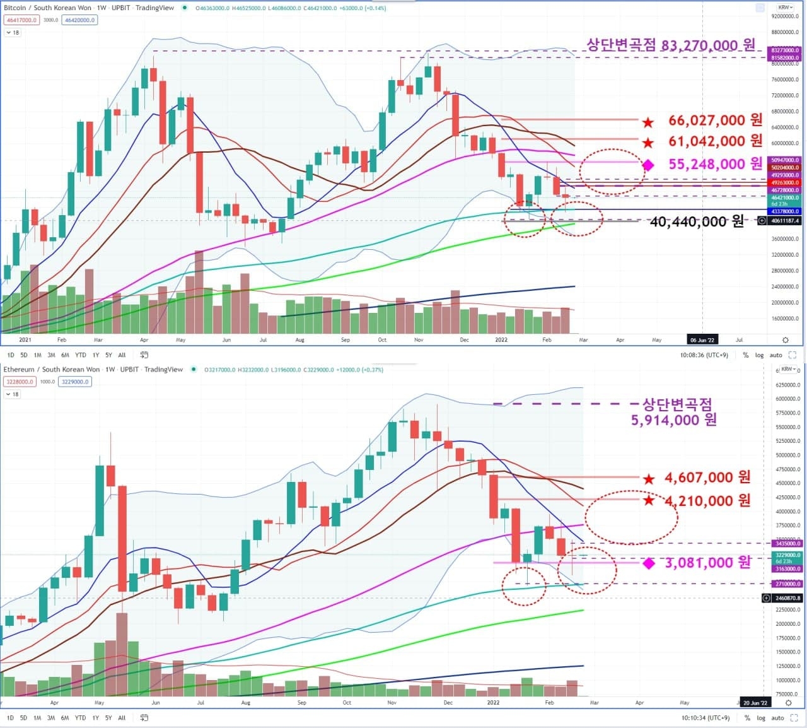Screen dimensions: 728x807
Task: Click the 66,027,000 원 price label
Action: point(715,120)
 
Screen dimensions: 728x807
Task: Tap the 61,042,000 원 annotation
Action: point(715,141)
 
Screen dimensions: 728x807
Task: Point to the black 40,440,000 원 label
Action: point(697,221)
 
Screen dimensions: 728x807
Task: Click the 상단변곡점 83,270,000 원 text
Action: point(671,45)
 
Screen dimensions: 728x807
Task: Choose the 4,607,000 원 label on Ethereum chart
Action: point(707,478)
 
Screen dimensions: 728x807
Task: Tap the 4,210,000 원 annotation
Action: point(707,501)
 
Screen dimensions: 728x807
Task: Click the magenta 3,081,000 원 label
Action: point(708,562)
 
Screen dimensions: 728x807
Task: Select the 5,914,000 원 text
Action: point(674,420)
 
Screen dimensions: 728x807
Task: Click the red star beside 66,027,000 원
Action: point(647,122)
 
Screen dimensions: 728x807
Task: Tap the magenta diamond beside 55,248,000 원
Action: point(647,165)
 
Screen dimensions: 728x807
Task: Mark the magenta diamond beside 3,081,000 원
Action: point(648,563)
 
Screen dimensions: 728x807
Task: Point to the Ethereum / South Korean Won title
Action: point(52,370)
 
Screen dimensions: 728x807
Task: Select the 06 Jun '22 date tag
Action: point(702,340)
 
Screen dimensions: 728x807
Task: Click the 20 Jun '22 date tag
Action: point(755,703)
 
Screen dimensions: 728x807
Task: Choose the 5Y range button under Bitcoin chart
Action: point(108,355)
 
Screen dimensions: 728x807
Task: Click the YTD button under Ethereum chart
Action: point(80,718)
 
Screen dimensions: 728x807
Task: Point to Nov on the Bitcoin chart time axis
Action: point(419,340)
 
